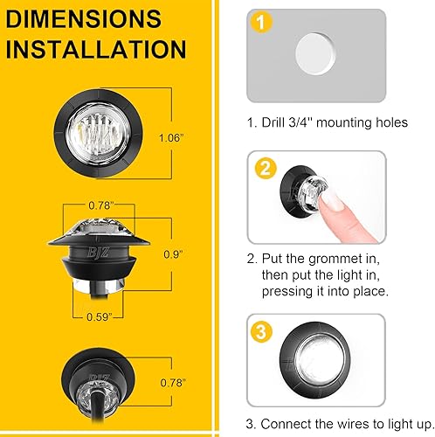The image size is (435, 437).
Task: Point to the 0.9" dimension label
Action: coord(172,254)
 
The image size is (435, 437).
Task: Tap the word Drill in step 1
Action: coord(277,122)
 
